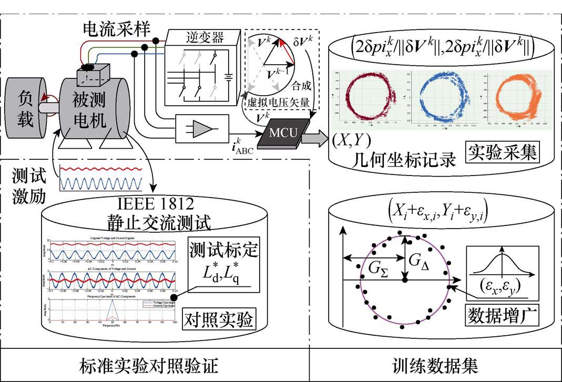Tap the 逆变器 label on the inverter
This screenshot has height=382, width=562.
point(205,37)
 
